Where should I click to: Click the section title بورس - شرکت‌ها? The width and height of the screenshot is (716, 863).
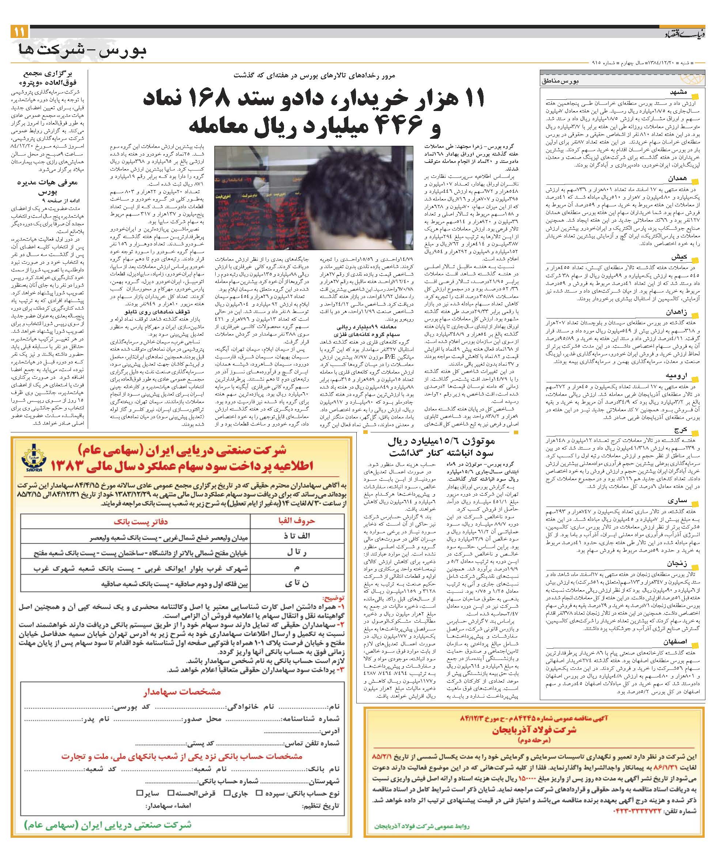point(83,51)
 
